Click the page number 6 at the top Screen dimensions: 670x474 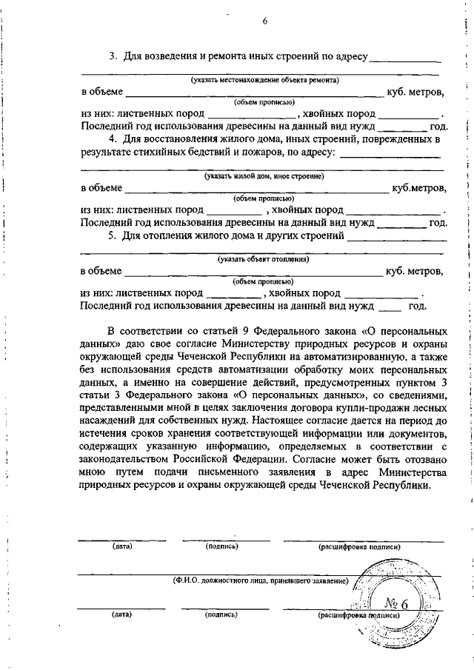[x=264, y=21]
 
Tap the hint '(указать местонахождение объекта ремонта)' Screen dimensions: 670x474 [x=264, y=79]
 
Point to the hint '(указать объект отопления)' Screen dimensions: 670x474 [x=263, y=260]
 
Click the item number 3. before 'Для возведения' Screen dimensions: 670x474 [x=113, y=57]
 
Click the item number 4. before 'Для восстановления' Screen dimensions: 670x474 [x=113, y=140]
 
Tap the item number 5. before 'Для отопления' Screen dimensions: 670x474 [x=113, y=237]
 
